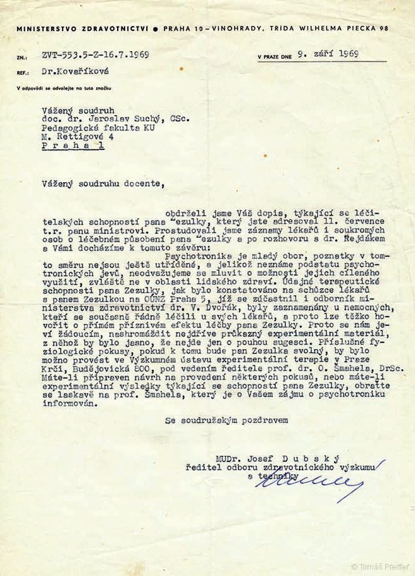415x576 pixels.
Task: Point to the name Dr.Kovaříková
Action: (71, 73)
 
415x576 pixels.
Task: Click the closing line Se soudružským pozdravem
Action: (226, 419)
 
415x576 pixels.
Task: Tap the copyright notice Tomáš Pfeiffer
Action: (380, 567)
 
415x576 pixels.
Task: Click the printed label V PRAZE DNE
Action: (275, 57)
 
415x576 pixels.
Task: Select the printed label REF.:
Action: (23, 73)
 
